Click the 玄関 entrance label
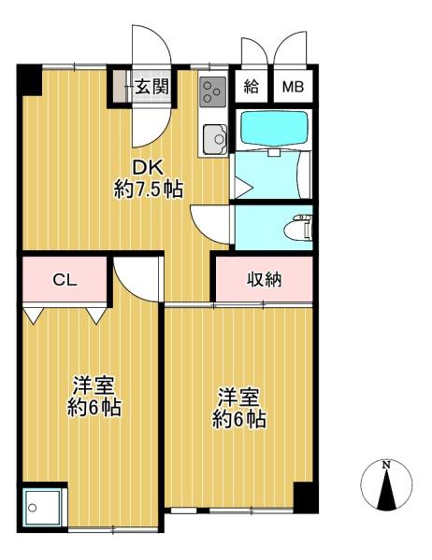coord(151,87)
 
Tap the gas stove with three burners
coord(213,92)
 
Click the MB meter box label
coord(293,87)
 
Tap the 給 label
coord(252,87)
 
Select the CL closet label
coord(65,280)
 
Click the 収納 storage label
coord(265,280)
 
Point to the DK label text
coord(148,167)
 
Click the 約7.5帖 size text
coord(148,189)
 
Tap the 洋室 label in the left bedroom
coord(94,385)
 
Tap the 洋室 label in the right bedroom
coord(238,397)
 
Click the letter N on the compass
coord(386,465)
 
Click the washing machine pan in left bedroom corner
coord(43,506)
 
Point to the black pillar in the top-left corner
coord(30,80)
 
